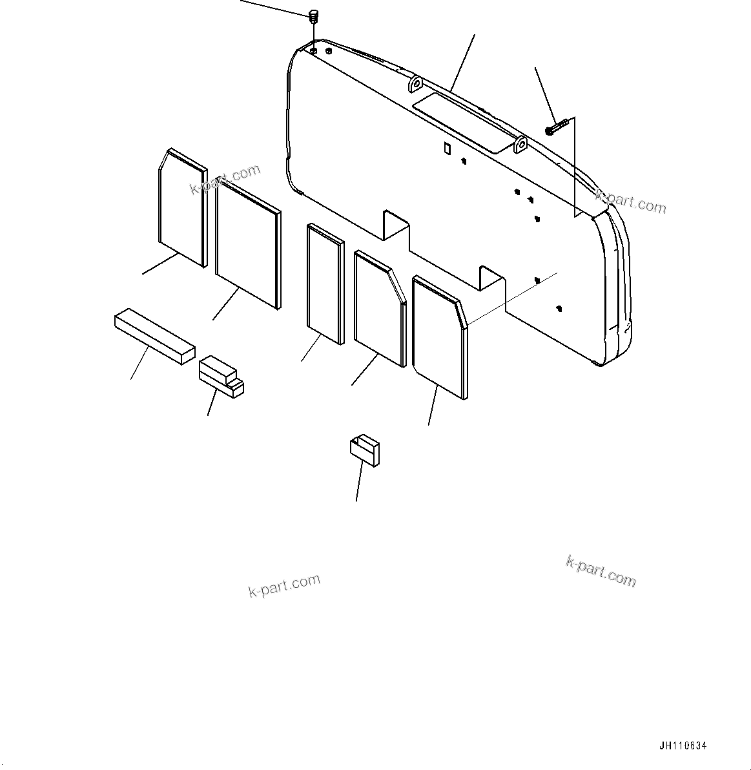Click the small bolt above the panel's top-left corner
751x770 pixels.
(314, 15)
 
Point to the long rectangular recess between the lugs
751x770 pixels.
(462, 120)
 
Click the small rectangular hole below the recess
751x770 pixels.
(446, 149)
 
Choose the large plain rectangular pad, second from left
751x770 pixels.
(247, 242)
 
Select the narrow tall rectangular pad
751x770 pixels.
(325, 283)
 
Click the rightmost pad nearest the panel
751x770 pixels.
(439, 336)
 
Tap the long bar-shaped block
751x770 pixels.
(154, 336)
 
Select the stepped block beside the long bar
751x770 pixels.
(221, 375)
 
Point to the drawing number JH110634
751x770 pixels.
(683, 745)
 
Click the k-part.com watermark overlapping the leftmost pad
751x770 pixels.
(225, 179)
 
